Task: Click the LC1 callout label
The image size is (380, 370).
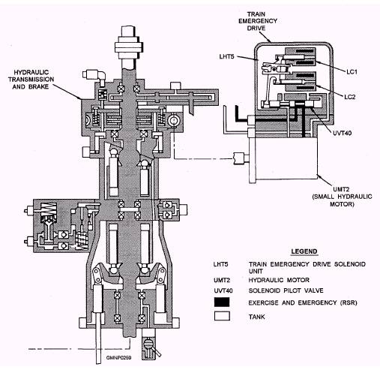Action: coord(352,72)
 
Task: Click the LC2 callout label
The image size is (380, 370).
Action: coord(350,97)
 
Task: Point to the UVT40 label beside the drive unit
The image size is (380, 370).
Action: coord(342,133)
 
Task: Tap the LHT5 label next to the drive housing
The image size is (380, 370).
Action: coord(226,56)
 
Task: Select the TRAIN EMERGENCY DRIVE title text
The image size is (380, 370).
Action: coord(258,21)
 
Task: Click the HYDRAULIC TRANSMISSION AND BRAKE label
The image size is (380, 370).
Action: coord(31,80)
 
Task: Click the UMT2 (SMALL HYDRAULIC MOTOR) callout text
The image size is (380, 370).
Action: coord(342,197)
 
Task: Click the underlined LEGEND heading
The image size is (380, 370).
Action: coord(304,251)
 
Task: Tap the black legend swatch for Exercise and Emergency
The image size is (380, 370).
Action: coord(222,302)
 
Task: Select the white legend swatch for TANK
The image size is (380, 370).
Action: coord(222,316)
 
